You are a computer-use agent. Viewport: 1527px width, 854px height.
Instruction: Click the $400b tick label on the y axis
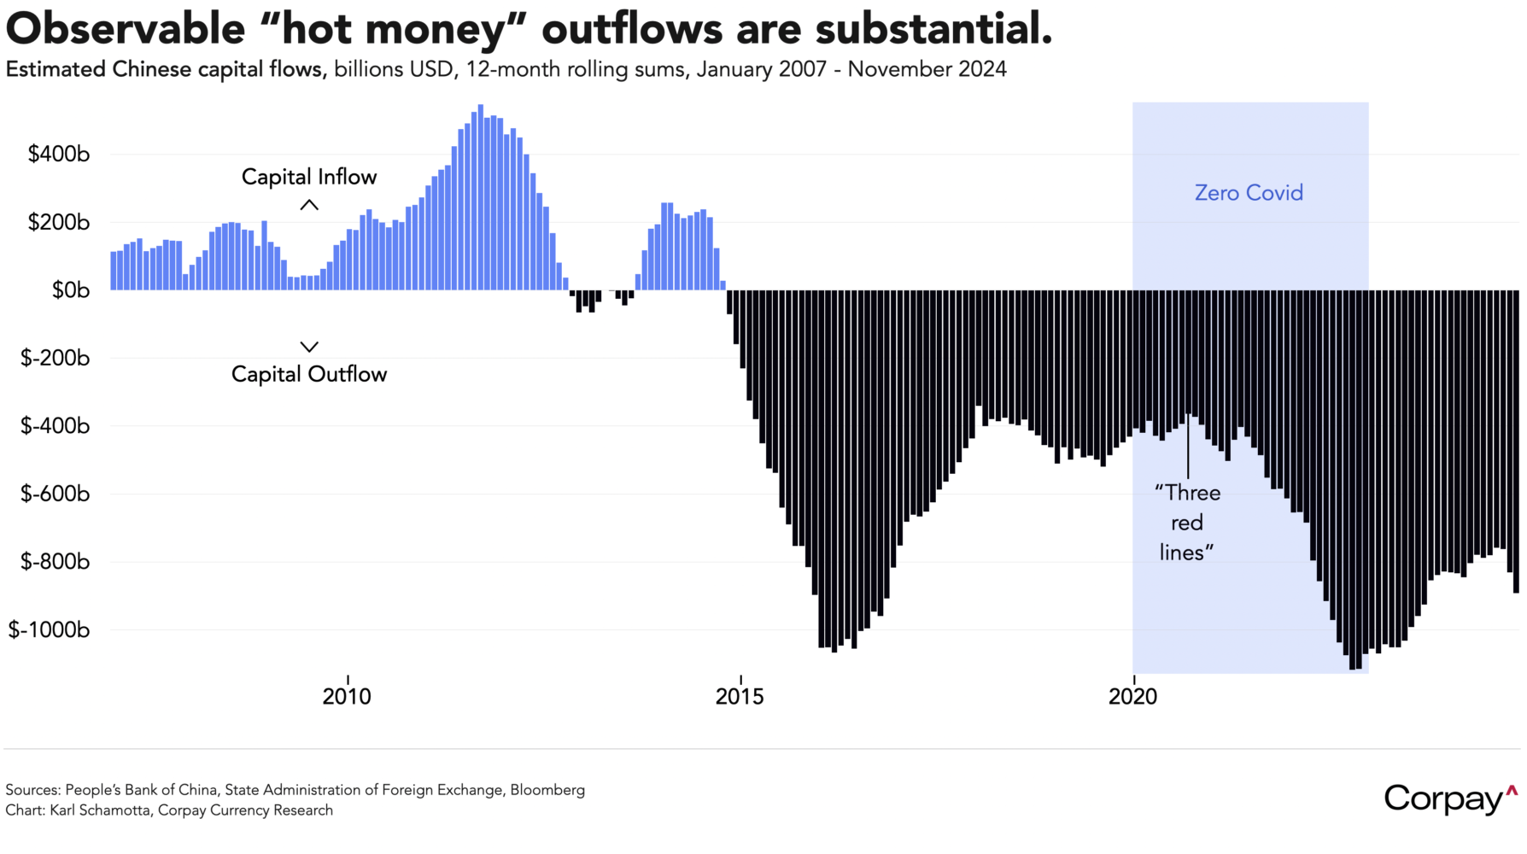[x=58, y=155]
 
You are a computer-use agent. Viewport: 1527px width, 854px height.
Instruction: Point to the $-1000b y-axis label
[x=49, y=630]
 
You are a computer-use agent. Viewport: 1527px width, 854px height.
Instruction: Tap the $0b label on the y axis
[x=70, y=290]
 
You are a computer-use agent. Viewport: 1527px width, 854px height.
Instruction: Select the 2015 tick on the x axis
[x=740, y=697]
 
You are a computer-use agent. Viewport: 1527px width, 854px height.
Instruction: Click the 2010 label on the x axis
[x=347, y=697]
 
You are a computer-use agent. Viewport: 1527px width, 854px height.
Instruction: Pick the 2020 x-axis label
[x=1132, y=697]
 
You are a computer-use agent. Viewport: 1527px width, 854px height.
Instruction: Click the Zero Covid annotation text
[x=1249, y=193]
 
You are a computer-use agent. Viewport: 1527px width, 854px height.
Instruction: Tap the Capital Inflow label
[x=309, y=177]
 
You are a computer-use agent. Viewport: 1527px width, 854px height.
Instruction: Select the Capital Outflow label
[x=309, y=374]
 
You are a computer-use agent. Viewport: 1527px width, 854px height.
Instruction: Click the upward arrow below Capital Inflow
[x=309, y=205]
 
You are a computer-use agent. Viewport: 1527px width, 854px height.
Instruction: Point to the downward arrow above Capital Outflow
[x=309, y=347]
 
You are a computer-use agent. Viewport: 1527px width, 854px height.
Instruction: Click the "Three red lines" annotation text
[x=1187, y=523]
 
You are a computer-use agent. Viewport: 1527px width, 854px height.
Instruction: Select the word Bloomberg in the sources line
[x=547, y=790]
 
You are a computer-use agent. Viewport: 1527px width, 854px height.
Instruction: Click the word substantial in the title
[x=933, y=29]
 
